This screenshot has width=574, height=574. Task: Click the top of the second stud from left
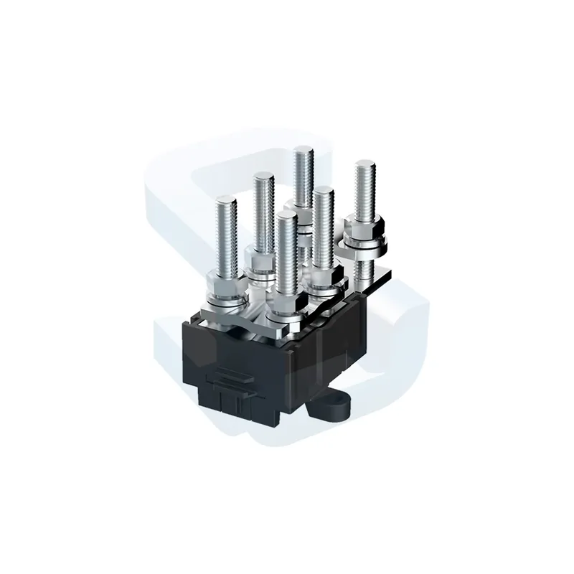(263, 177)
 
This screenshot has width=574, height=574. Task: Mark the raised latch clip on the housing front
(232, 376)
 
